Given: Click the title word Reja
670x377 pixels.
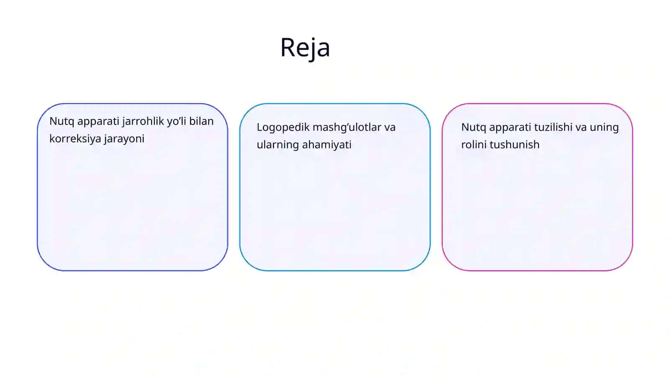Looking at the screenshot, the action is point(305,48).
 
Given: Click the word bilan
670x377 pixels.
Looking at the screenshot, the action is point(201,121).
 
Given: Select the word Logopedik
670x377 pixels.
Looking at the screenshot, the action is point(283,128).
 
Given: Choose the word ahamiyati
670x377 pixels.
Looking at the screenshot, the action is point(327,145).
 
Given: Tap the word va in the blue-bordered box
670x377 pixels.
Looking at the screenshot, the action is point(390,128).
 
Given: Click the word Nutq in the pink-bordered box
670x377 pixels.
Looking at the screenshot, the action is point(474,128).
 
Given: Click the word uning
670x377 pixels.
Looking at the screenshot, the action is point(604,128).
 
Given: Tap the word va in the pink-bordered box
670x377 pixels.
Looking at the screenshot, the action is point(581,128).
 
